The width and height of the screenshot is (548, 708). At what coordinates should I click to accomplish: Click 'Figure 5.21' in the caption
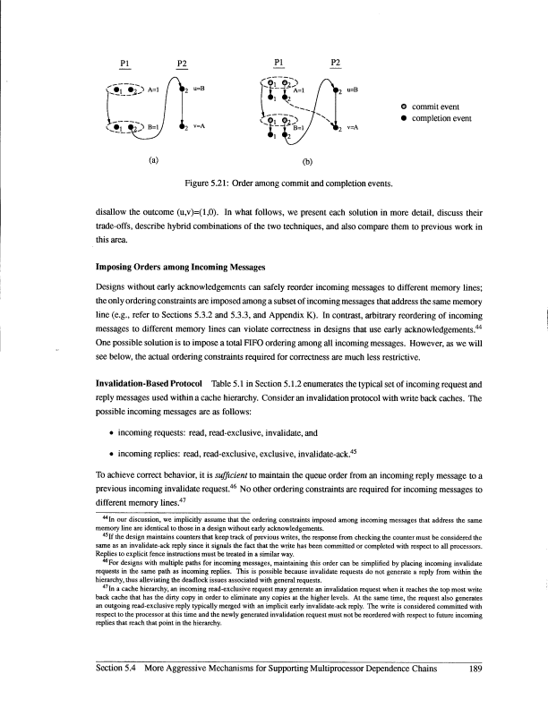(x=209, y=183)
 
